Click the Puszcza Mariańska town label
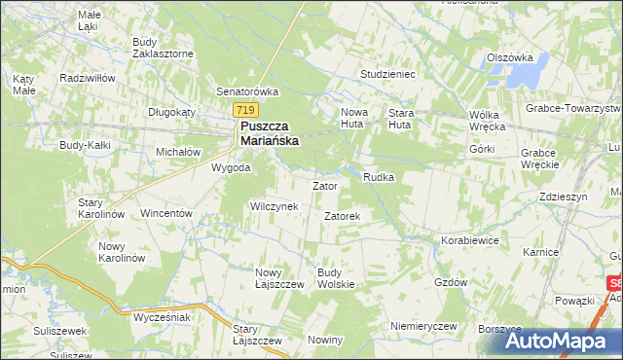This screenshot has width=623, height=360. [270, 133]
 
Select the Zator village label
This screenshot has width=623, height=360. [324, 185]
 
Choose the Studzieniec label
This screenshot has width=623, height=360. [387, 73]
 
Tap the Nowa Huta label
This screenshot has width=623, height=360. [353, 118]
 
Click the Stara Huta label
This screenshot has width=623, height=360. [401, 118]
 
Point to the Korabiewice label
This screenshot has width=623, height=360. [470, 238]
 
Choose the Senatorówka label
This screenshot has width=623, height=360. [247, 91]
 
